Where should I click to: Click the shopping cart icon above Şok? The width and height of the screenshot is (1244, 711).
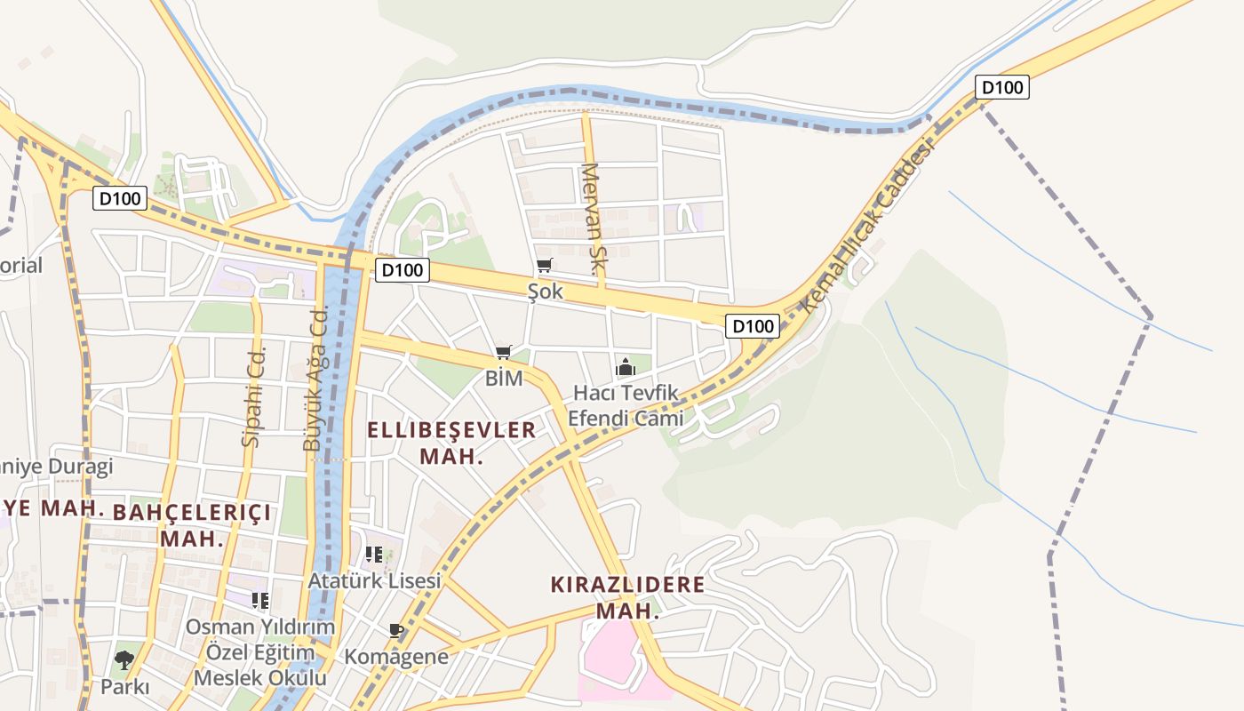pos(545,265)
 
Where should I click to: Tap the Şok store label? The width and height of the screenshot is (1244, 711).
pos(546,292)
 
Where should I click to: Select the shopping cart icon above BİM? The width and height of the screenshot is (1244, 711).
pos(504,352)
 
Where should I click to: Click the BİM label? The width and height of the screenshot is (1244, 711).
pos(504,378)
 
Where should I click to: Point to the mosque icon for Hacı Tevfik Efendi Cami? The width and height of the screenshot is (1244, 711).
pos(626,366)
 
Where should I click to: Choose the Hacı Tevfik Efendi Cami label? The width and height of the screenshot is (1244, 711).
pos(627,405)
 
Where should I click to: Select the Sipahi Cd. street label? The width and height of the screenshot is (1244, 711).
pos(254,395)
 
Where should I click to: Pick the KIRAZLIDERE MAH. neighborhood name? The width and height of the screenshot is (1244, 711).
pos(627,597)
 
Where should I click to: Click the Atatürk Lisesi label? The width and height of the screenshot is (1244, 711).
pos(374,580)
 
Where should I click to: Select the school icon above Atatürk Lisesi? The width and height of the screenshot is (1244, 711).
pos(374,555)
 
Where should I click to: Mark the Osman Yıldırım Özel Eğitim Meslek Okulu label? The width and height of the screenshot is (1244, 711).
pos(259,652)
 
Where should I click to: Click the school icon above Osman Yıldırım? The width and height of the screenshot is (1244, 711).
pos(259,601)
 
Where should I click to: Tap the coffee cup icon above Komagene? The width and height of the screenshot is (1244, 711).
pos(396,631)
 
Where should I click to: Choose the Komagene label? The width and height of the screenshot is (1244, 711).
pos(396,657)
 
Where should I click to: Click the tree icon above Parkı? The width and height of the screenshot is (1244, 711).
pos(124,660)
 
